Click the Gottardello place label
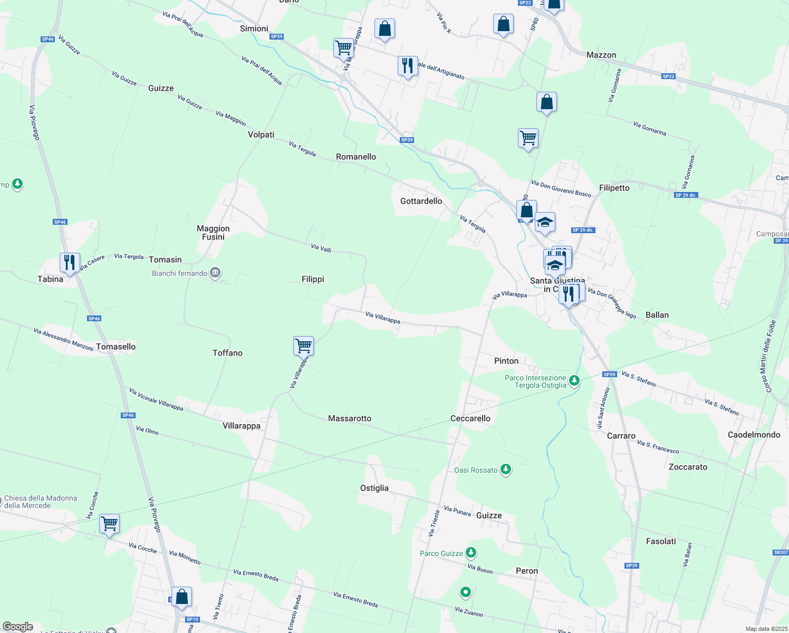(x=421, y=201)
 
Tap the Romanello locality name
(x=356, y=157)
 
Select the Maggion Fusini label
(x=213, y=233)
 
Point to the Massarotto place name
(x=350, y=418)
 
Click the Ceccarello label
(x=470, y=418)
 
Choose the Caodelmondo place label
(x=754, y=435)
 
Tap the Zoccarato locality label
(x=688, y=467)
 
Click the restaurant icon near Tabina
(x=70, y=262)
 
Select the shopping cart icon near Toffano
(x=304, y=346)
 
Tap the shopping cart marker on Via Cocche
(x=109, y=524)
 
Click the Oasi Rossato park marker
(x=506, y=469)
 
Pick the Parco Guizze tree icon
(x=471, y=553)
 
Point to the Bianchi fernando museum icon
(x=215, y=273)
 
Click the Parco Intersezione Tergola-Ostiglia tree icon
(x=574, y=380)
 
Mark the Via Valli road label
(x=321, y=248)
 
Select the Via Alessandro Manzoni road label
(x=63, y=339)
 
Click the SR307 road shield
(x=781, y=552)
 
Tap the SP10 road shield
(x=193, y=619)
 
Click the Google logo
(x=18, y=627)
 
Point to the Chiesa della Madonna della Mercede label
(x=41, y=502)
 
